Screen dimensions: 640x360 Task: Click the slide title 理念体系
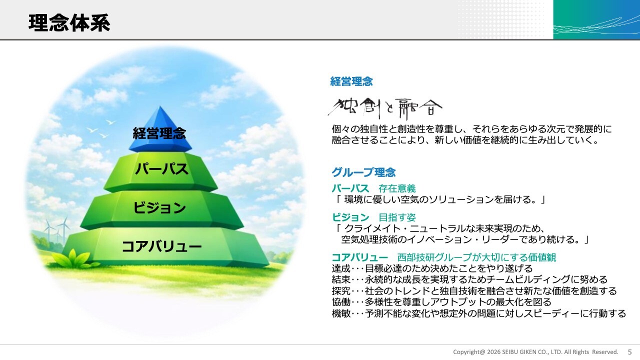point(69,23)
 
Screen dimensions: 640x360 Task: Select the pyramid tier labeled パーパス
point(160,171)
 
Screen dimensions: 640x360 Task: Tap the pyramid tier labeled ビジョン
point(161,209)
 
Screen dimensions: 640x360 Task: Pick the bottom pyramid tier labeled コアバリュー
point(165,246)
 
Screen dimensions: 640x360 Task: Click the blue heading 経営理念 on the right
point(351,81)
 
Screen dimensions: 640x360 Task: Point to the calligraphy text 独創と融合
point(385,108)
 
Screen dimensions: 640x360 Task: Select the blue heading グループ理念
point(363,172)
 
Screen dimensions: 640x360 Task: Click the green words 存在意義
point(397,188)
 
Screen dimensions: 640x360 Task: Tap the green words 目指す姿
point(397,217)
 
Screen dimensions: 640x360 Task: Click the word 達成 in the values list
point(341,268)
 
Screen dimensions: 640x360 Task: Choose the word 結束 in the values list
point(341,279)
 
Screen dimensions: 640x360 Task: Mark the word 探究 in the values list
point(341,291)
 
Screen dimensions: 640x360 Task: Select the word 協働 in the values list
point(341,302)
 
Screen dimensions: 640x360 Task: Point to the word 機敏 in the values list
point(341,313)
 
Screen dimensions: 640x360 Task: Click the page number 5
point(629,352)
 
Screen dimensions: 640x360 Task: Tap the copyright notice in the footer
point(535,352)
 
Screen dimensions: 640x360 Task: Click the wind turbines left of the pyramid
point(57,230)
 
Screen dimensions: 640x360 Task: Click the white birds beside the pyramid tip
point(101,128)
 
